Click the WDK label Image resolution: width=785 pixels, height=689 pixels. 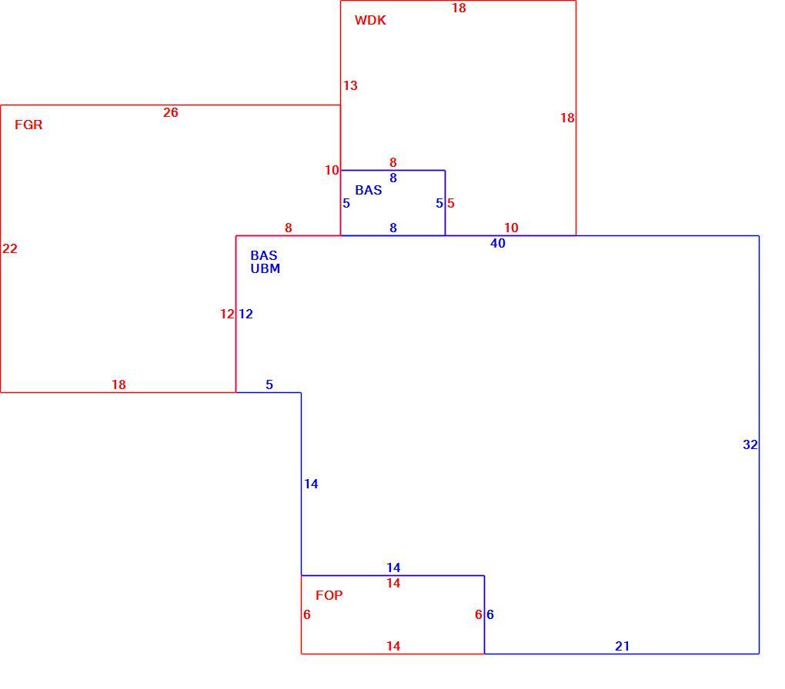[x=370, y=21]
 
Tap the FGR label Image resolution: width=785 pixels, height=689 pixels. [x=28, y=125]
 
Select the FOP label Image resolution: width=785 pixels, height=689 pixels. [x=329, y=595]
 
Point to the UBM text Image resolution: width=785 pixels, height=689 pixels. [x=266, y=268]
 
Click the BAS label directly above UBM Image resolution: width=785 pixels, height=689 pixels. [x=264, y=255]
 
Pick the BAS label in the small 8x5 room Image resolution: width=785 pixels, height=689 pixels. [x=369, y=190]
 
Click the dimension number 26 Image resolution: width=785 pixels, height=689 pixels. [x=171, y=112]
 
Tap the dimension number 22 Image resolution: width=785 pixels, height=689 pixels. [x=10, y=248]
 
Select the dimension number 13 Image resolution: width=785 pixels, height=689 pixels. [x=350, y=85]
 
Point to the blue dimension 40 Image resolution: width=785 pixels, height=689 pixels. [x=498, y=243]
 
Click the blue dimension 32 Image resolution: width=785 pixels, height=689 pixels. [x=750, y=444]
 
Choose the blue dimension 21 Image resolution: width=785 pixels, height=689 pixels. [x=623, y=646]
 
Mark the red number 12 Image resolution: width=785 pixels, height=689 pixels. [x=227, y=314]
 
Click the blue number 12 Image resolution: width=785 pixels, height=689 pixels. [x=246, y=314]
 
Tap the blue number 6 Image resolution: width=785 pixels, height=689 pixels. [x=490, y=614]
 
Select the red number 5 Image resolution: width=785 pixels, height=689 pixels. [x=450, y=203]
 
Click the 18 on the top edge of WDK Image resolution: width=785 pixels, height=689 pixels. [x=459, y=8]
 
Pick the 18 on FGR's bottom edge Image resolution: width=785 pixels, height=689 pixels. [x=119, y=384]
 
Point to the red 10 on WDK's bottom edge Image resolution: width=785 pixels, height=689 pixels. [x=511, y=228]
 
